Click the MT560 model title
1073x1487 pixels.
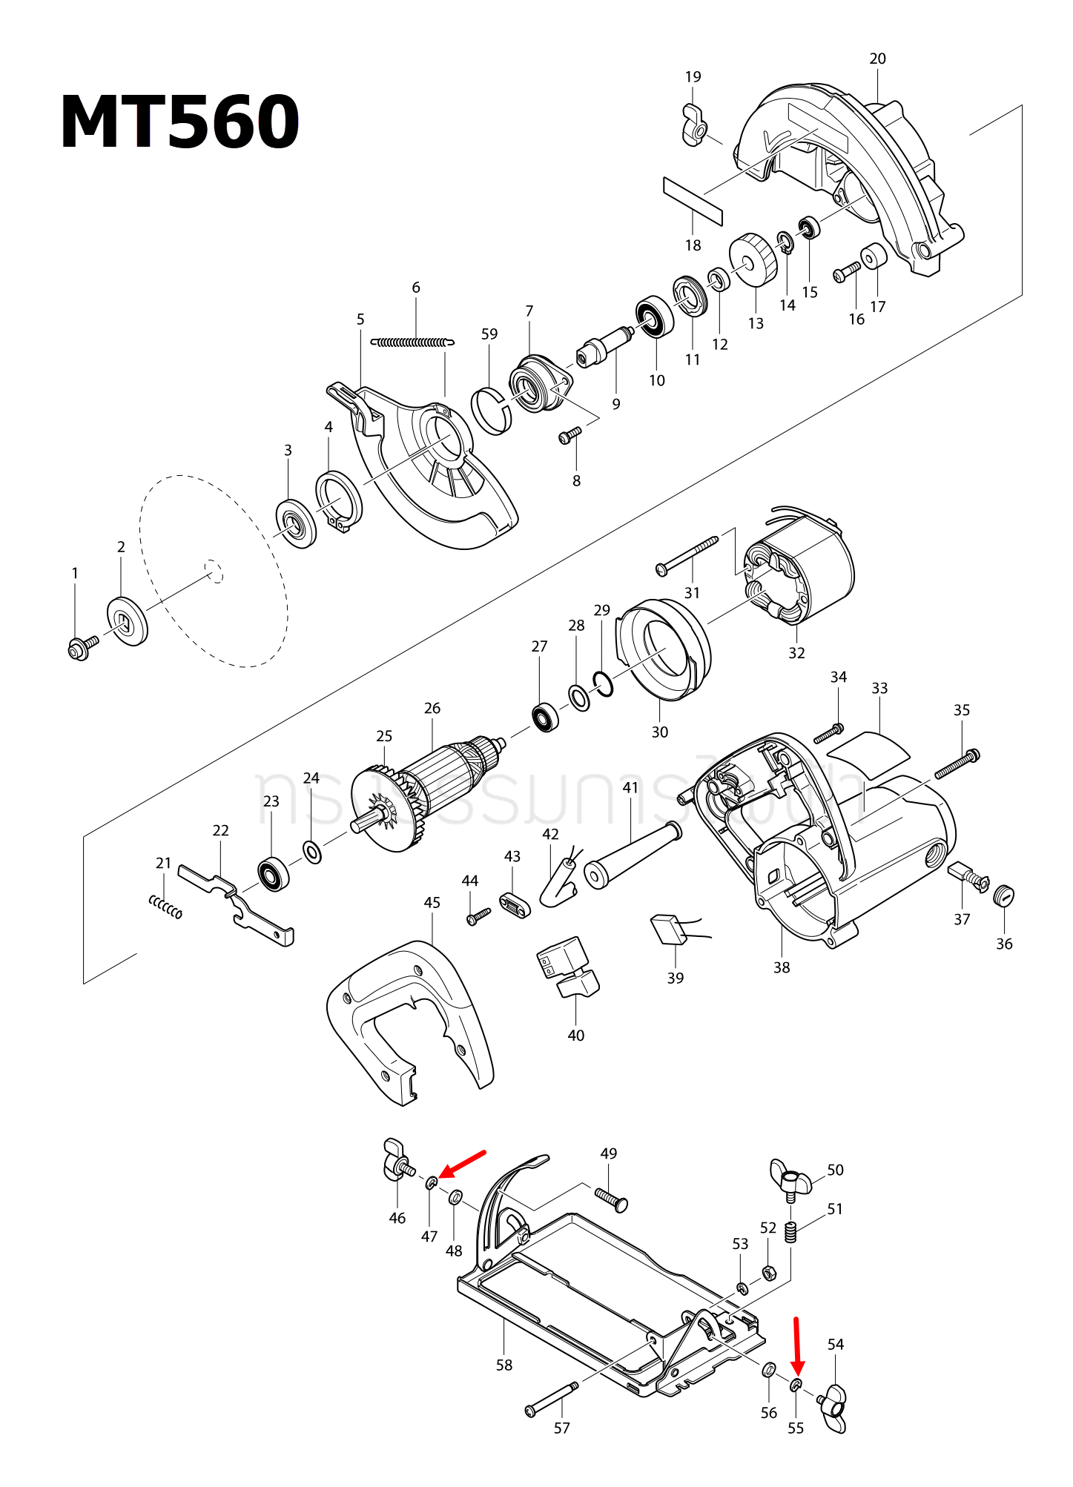(x=180, y=122)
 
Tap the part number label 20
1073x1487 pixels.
(x=877, y=59)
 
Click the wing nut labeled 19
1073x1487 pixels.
(x=695, y=126)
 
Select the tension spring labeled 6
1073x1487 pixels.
(x=412, y=342)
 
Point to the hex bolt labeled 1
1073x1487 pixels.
(x=81, y=647)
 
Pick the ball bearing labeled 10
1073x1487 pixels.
(x=655, y=317)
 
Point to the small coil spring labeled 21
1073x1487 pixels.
(x=165, y=906)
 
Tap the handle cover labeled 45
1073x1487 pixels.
(x=408, y=1019)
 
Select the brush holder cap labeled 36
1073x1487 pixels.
(x=1003, y=895)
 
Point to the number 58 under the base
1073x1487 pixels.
(x=504, y=1365)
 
